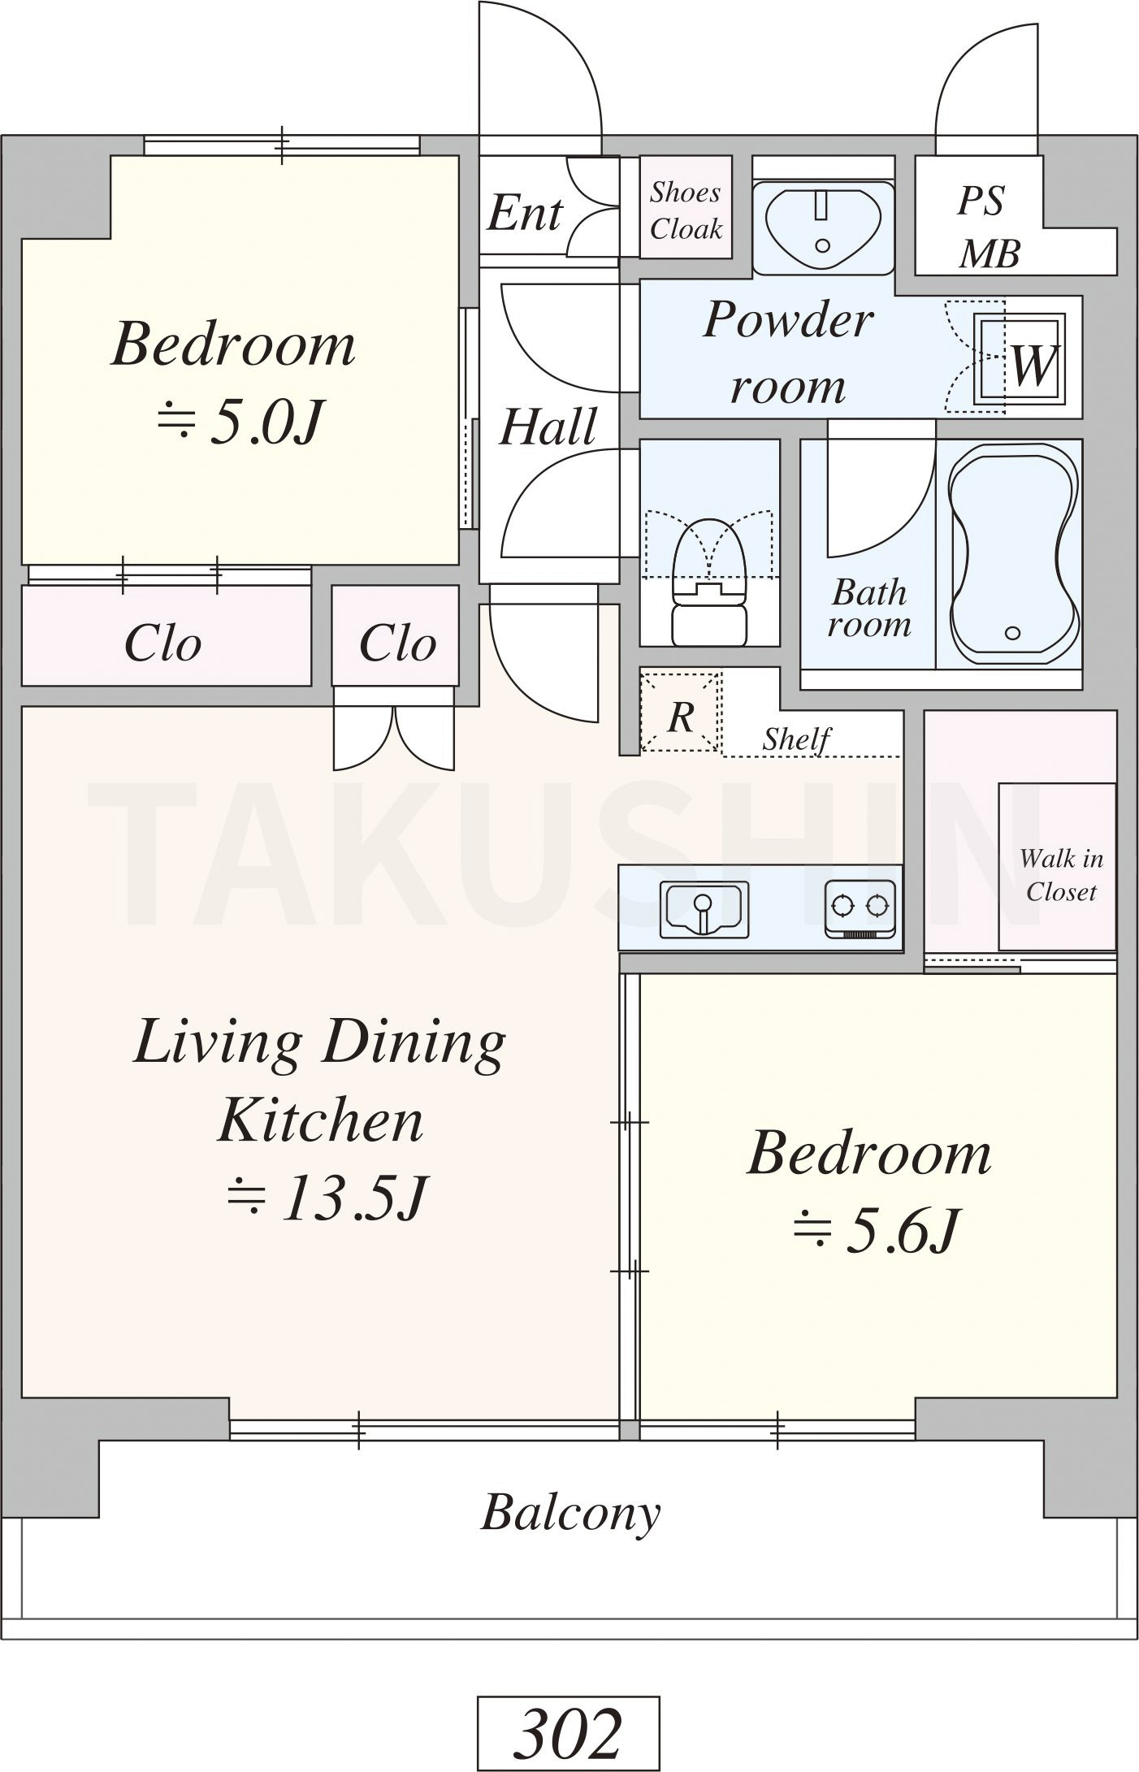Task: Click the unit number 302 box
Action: click(568, 1735)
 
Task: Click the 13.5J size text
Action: click(326, 1198)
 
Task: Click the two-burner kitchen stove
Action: click(861, 909)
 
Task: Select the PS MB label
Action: click(988, 227)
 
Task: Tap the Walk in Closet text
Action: click(1061, 874)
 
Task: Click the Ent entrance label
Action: click(525, 214)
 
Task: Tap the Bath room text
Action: click(869, 608)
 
